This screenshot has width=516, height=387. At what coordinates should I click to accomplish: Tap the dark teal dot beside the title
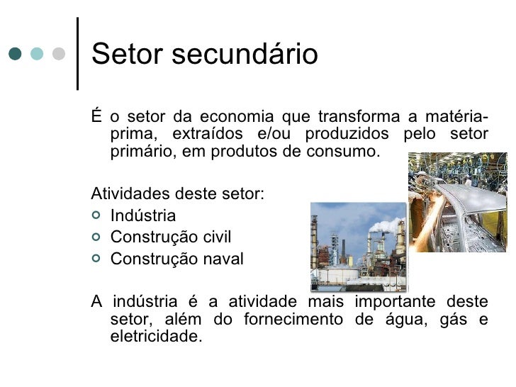(16, 54)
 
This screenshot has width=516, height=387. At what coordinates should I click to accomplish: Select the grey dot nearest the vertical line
(60, 54)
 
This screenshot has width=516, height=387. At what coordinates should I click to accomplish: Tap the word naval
(221, 259)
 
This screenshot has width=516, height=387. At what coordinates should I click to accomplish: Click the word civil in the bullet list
(216, 237)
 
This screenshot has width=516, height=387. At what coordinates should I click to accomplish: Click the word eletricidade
(156, 337)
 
